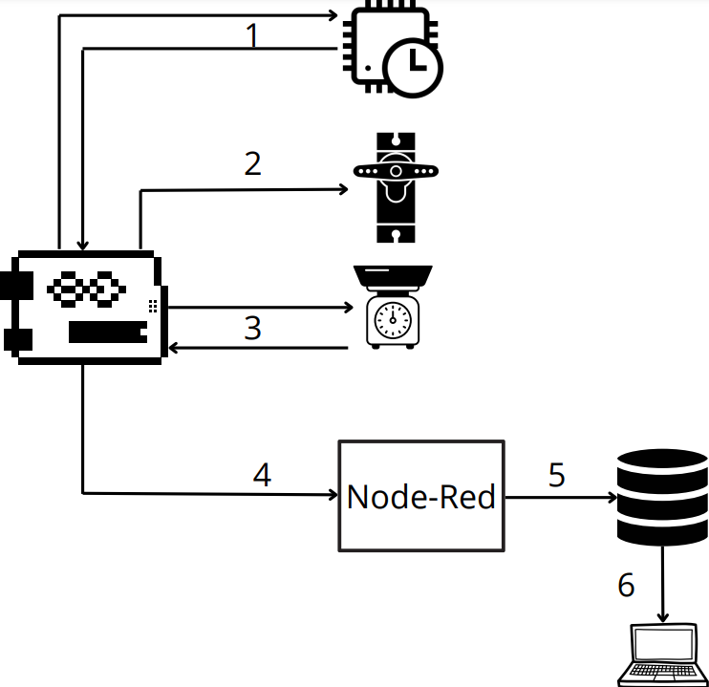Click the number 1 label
tap(252, 35)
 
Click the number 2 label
tap(252, 163)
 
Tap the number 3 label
tap(252, 328)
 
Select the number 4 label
tap(262, 475)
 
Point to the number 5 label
tap(557, 475)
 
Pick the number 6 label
tap(626, 585)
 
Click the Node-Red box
tap(421, 496)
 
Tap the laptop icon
tap(664, 655)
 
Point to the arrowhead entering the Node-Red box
tap(333, 494)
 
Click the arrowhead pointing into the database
tap(611, 498)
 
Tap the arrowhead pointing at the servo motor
tap(345, 189)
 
